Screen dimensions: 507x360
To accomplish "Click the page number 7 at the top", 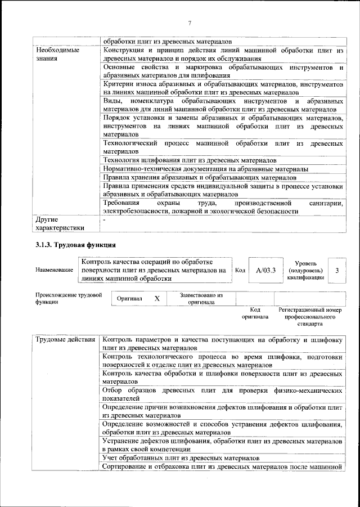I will point(190,23).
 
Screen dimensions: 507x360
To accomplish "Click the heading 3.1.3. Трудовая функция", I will point(75,245).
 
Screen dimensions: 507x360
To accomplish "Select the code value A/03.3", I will point(265,271).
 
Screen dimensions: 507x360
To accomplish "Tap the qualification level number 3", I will point(336,271).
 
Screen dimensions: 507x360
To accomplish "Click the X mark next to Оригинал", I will point(157,298).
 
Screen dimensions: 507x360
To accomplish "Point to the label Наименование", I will point(54,271).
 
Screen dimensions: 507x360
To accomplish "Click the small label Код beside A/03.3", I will point(240,271).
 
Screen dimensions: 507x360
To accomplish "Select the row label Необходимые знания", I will point(57,54).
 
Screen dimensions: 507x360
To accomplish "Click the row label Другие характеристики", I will point(60,223).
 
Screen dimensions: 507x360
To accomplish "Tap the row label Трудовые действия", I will point(65,340).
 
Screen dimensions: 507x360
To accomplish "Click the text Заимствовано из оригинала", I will point(201,298).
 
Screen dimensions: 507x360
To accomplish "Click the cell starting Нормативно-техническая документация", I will point(205,169).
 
